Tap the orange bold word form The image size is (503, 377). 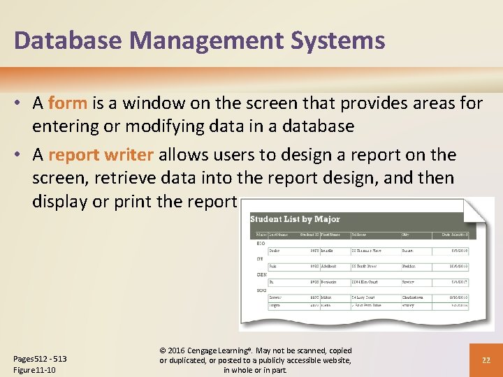coord(68,103)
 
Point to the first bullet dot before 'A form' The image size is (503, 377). coord(20,104)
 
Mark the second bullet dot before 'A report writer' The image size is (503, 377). coord(20,155)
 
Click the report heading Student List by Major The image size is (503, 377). coord(295,219)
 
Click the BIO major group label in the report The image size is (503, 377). coord(260,243)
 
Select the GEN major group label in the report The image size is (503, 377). coord(261,274)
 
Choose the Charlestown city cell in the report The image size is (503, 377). coord(416,297)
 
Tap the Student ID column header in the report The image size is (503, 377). coord(311,235)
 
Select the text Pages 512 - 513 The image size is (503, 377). coord(41,359)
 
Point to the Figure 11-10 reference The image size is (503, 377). coord(35,370)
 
